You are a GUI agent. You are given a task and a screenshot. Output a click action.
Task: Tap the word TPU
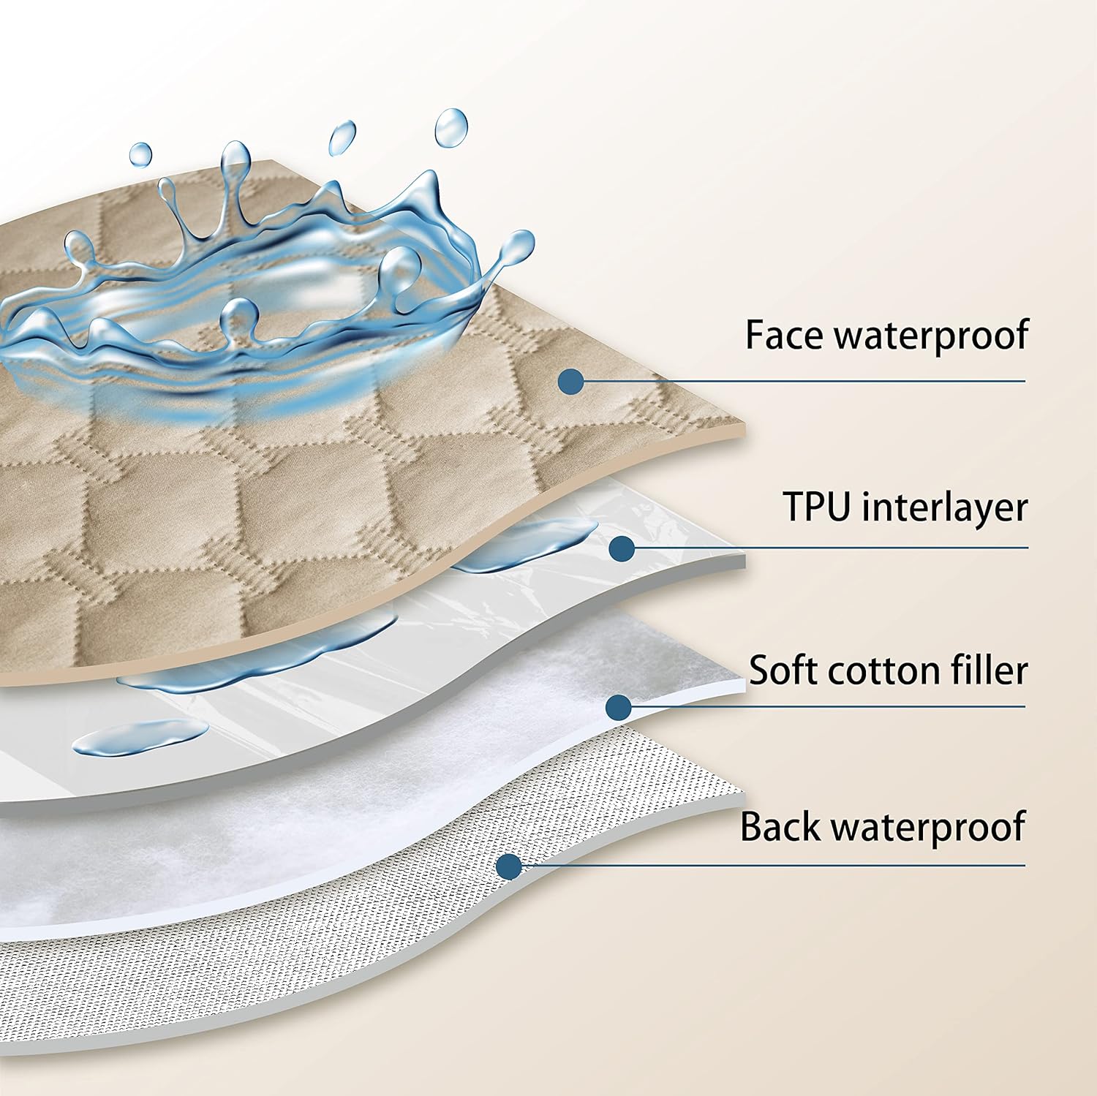pos(817,506)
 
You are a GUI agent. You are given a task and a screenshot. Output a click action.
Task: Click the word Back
pos(780,826)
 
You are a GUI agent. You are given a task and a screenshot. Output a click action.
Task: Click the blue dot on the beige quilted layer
pos(570,381)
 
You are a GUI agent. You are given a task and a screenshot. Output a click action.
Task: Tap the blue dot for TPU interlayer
pos(622,548)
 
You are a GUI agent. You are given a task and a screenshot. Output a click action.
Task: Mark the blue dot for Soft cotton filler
pos(619,706)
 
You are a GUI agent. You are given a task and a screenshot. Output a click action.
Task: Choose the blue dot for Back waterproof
pos(509,866)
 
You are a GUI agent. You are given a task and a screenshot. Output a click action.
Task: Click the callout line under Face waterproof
pos(804,381)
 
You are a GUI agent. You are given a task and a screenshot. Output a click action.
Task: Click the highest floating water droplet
pos(451,127)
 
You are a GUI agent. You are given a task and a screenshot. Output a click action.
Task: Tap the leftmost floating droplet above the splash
pos(140,154)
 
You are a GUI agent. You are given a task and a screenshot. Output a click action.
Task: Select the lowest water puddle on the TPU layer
pos(139,736)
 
